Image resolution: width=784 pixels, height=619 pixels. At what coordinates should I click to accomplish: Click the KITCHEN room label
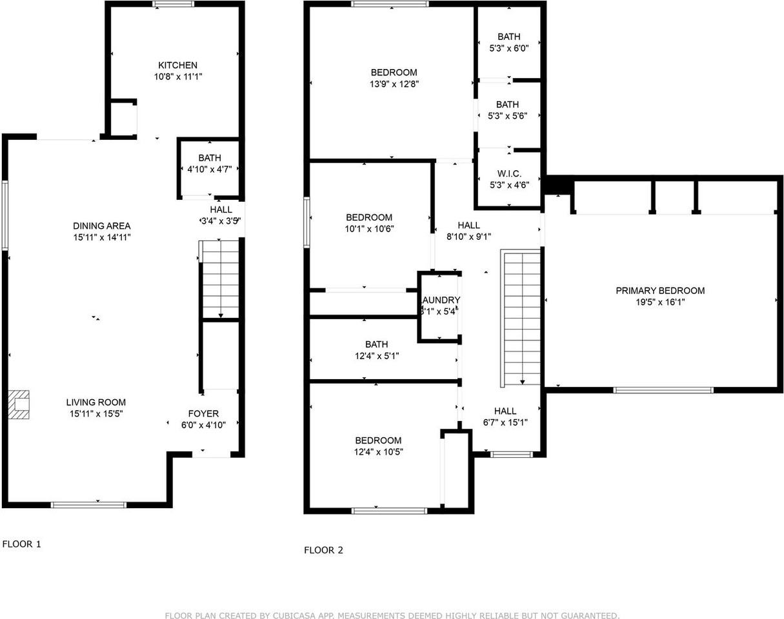(177, 65)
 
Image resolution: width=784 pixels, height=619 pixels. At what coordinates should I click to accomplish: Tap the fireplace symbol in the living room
(19, 404)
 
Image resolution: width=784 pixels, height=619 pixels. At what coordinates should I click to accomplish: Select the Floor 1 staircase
(221, 279)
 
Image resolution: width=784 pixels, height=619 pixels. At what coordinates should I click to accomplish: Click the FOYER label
(203, 413)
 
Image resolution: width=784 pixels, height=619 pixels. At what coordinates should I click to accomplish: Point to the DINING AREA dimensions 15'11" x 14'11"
(101, 237)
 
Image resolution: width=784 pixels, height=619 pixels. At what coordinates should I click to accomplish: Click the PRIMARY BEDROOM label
(659, 291)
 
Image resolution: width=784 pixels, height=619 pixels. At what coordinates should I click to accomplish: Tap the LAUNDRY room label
(440, 300)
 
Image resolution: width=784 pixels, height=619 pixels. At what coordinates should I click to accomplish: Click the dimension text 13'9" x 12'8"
(393, 84)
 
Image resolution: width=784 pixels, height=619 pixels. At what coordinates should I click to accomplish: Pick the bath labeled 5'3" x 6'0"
(508, 43)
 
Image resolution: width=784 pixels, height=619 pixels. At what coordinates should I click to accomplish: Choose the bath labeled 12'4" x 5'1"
(376, 350)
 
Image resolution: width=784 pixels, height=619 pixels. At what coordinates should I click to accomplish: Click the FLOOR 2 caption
(323, 550)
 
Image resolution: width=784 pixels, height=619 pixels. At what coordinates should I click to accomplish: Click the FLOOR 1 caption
(21, 544)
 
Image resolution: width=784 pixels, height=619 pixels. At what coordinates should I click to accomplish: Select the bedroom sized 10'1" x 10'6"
(368, 223)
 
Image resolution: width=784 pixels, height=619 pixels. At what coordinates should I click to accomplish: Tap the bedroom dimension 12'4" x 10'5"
(377, 452)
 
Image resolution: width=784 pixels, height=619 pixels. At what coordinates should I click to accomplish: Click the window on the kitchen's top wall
(173, 5)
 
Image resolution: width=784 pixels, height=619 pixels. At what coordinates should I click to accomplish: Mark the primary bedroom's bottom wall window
(663, 389)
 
